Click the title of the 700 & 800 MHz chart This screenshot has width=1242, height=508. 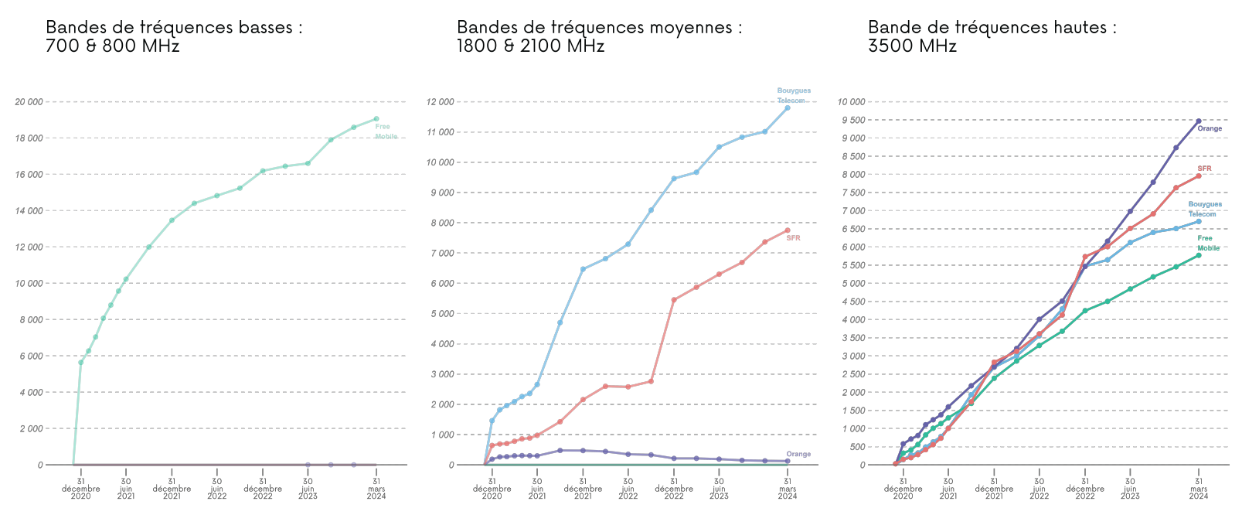click(174, 36)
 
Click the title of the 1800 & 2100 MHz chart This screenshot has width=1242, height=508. click(599, 36)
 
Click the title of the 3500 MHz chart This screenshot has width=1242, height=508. click(992, 36)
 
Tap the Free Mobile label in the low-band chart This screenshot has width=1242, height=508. click(386, 131)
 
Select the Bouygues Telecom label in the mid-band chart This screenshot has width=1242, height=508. click(794, 96)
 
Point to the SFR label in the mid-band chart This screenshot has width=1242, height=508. click(793, 238)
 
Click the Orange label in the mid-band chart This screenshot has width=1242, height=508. click(798, 454)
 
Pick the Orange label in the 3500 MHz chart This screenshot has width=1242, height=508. click(1210, 128)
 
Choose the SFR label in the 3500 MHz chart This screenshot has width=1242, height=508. click(1204, 169)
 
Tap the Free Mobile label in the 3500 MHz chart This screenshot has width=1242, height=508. click(1208, 244)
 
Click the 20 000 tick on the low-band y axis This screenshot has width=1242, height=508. click(29, 101)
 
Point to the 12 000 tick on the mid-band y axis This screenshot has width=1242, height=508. click(441, 101)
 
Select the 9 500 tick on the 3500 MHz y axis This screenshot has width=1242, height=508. click(852, 120)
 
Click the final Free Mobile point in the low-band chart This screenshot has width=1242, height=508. click(376, 119)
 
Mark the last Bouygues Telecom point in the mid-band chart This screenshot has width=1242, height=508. click(788, 107)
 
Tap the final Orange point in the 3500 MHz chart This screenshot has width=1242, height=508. click(1199, 121)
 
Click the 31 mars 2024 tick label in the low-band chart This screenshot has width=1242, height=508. click(376, 489)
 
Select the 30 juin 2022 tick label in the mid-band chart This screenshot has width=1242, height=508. click(628, 489)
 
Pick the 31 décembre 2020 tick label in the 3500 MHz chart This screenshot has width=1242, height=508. click(903, 489)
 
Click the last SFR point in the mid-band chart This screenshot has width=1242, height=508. click(788, 230)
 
